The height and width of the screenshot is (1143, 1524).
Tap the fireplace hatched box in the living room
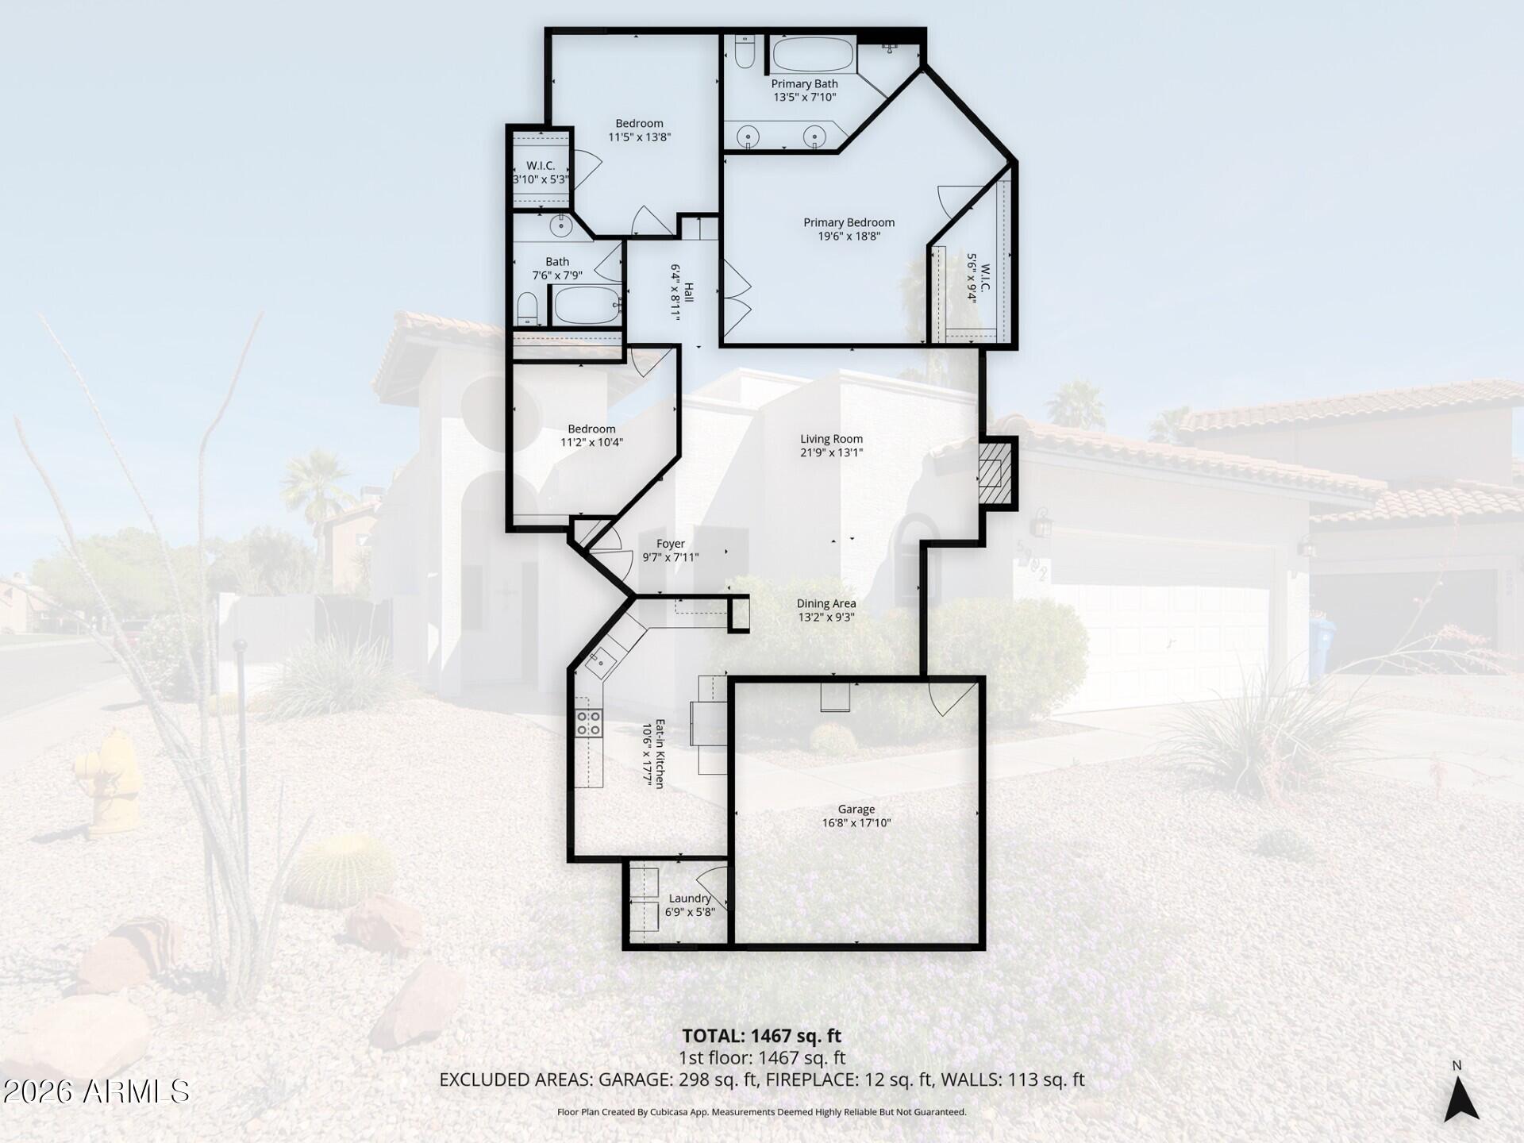[x=996, y=474]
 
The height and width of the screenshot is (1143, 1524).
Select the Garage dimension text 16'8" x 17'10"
[x=856, y=823]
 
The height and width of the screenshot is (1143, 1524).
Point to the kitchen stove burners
[x=588, y=723]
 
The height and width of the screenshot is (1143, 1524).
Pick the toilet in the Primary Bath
[x=744, y=52]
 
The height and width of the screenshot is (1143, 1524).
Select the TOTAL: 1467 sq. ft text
[x=761, y=1036]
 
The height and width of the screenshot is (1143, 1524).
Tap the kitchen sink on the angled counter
[x=601, y=659]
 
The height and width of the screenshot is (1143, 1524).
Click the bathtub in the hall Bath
[x=586, y=306]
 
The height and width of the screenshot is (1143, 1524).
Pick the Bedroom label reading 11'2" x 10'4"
[x=591, y=435]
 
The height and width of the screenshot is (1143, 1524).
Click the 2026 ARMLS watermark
[x=96, y=1091]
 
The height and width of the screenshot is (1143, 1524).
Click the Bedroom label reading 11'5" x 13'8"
[x=639, y=129]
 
